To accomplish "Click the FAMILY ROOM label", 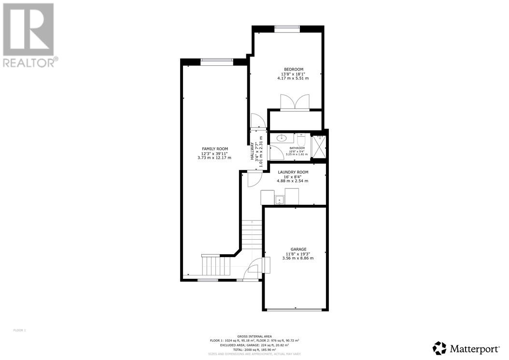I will click(x=215, y=149).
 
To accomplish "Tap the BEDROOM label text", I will click(x=293, y=69).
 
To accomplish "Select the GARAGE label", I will click(x=298, y=249).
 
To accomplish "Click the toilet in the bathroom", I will click(x=301, y=140).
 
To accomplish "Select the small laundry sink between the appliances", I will click(x=280, y=199).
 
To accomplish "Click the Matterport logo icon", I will click(x=439, y=348).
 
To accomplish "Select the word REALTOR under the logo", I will click(x=29, y=62).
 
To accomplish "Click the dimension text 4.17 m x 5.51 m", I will click(x=293, y=78).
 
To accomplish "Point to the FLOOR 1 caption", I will click(x=19, y=331).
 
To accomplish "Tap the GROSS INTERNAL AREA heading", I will click(x=254, y=336).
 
